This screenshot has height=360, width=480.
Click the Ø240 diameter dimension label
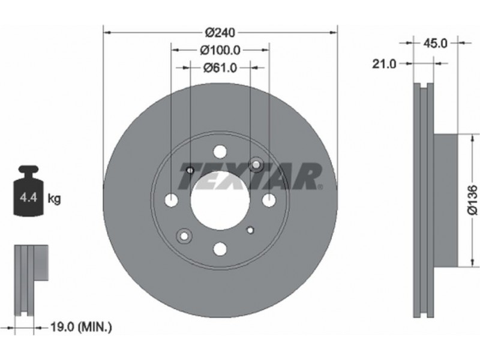pos(220,32)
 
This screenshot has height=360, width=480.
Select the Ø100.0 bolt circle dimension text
pos(220,50)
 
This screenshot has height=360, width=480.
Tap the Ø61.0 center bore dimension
pos(220,68)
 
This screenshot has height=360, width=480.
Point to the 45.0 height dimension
pos(435,43)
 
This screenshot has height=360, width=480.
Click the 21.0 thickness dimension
pos(384,64)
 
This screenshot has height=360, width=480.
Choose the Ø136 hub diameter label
pos(472,199)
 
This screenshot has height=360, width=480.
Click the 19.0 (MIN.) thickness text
pos(80,327)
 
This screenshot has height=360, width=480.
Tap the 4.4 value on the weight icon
pos(28,197)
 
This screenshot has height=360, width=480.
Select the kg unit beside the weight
pos(54,199)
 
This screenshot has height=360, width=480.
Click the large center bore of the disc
pos(220,200)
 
